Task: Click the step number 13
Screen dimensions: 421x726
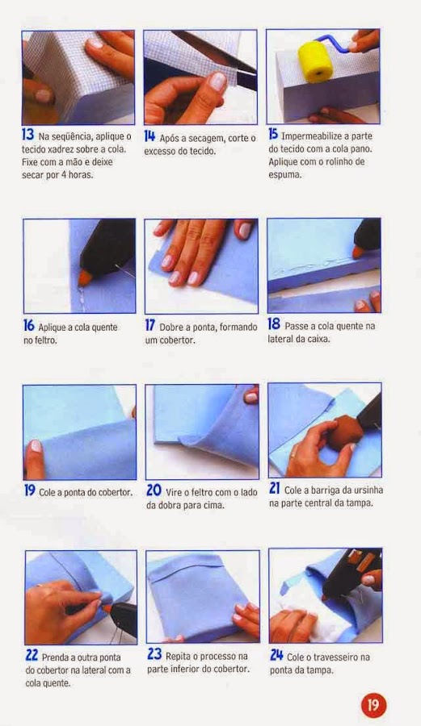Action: coord(27,135)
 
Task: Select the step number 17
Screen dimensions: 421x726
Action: coord(149,326)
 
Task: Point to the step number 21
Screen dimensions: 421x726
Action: coord(275,489)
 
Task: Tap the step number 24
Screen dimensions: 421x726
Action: coord(276,656)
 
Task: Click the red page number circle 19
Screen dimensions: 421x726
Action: coord(373,705)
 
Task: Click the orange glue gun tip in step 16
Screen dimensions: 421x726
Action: coord(84,277)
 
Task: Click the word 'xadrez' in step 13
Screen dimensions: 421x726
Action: coord(61,149)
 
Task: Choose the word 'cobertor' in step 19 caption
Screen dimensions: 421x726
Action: coord(115,492)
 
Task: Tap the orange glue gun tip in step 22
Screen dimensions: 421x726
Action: coord(106,606)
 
